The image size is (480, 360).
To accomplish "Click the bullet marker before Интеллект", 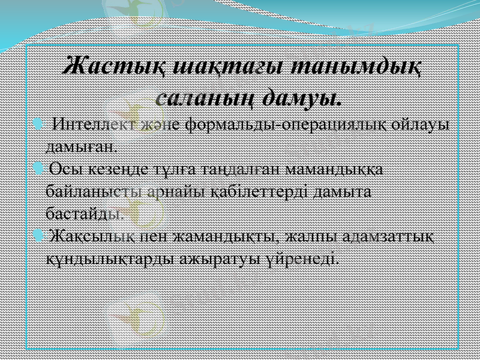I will pos(39,125).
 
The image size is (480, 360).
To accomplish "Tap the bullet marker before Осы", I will pos(39,169).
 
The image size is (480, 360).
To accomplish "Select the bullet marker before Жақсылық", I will pos(39,235).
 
